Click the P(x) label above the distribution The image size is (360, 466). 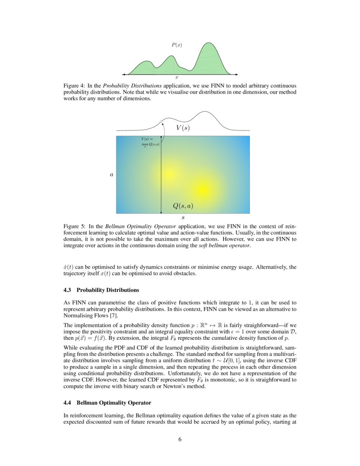click(177, 44)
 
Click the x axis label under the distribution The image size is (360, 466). click(177, 78)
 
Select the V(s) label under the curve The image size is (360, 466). click(183, 128)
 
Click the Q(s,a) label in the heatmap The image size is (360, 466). click(183, 206)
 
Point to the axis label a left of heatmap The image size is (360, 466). click(111, 175)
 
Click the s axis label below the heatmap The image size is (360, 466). click(183, 218)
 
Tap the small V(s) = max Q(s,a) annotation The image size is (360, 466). click(150, 141)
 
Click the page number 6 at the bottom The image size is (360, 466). click(180, 439)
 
